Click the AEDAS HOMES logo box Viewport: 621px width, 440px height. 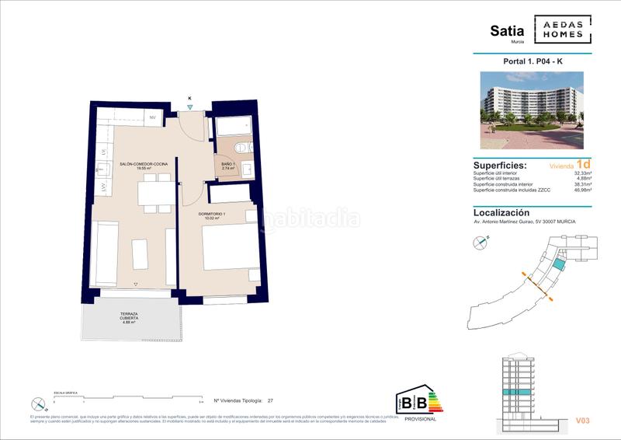click(x=567, y=30)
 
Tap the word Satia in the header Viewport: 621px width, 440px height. click(x=506, y=31)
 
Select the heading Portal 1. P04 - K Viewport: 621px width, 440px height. click(x=533, y=61)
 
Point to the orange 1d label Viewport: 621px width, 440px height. click(x=584, y=164)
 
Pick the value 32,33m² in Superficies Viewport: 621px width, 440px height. click(x=582, y=173)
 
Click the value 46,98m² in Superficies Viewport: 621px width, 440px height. click(x=582, y=190)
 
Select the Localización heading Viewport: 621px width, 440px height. click(x=501, y=212)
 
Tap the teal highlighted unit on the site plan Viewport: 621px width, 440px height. click(x=557, y=265)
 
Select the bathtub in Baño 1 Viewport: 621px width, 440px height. click(x=231, y=127)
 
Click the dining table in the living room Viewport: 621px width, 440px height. click(x=155, y=192)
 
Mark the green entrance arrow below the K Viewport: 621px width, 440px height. click(x=190, y=108)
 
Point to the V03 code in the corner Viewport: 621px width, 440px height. click(x=583, y=421)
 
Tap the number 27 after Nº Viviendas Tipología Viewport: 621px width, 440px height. click(x=270, y=401)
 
